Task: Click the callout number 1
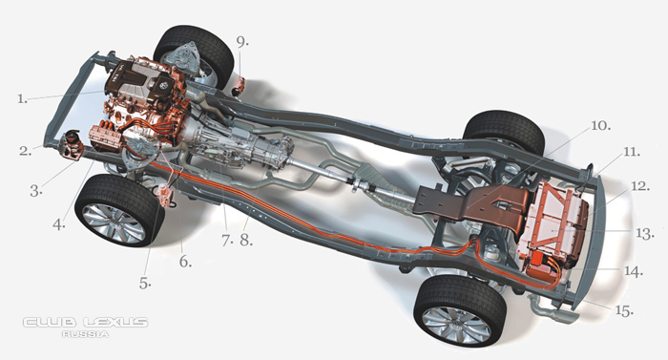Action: [x=22, y=99]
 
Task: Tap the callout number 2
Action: [x=25, y=151]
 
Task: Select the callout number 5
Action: [x=145, y=284]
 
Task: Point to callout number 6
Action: [x=185, y=262]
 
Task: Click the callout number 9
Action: [x=242, y=42]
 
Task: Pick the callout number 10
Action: [x=600, y=125]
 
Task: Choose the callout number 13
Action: [x=644, y=234]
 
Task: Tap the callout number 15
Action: [x=624, y=310]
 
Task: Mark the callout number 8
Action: [x=246, y=241]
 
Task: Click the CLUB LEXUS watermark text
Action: [x=85, y=322]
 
